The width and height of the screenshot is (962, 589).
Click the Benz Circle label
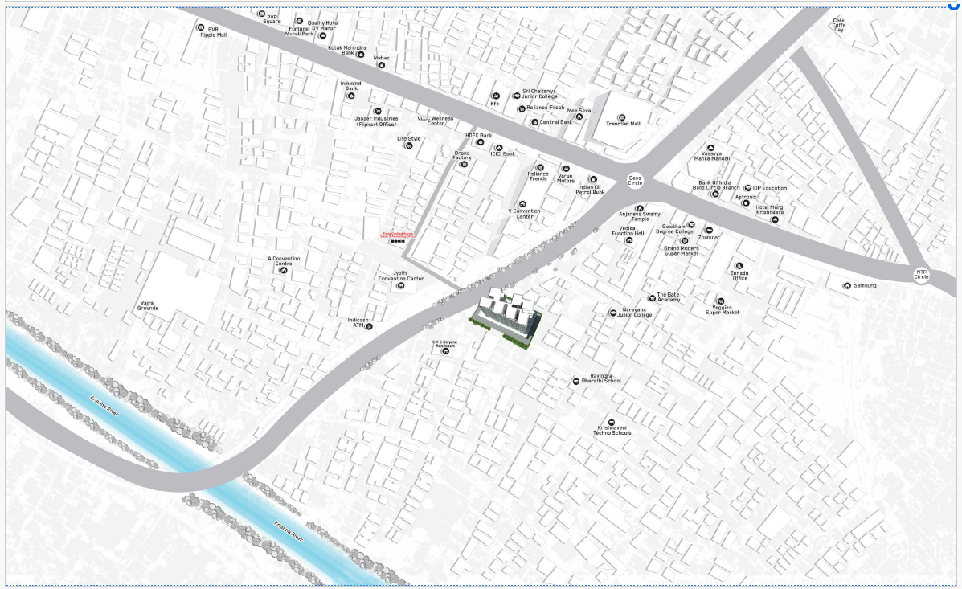click(635, 180)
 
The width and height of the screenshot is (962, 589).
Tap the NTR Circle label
click(921, 274)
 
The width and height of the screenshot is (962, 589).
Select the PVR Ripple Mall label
click(213, 32)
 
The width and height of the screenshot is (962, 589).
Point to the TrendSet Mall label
click(623, 124)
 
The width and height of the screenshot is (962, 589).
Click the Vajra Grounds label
click(148, 306)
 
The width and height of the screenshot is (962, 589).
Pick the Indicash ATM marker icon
click(370, 326)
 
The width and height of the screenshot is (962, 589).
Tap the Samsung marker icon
click(846, 285)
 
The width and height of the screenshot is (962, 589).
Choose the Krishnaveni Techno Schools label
click(613, 431)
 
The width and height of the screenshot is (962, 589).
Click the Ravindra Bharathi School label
click(602, 378)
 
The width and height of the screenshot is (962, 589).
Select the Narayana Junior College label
click(635, 312)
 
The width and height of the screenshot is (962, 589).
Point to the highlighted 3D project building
click(507, 317)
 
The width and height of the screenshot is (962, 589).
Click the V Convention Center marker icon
click(522, 204)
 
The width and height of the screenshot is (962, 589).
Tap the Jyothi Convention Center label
click(401, 276)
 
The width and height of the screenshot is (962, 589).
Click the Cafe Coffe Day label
click(839, 25)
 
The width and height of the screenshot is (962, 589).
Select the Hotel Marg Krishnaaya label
click(769, 209)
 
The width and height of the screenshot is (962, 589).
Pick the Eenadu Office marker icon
click(739, 265)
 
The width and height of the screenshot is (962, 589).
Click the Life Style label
click(409, 138)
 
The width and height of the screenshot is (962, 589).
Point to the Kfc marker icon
click(496, 96)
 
